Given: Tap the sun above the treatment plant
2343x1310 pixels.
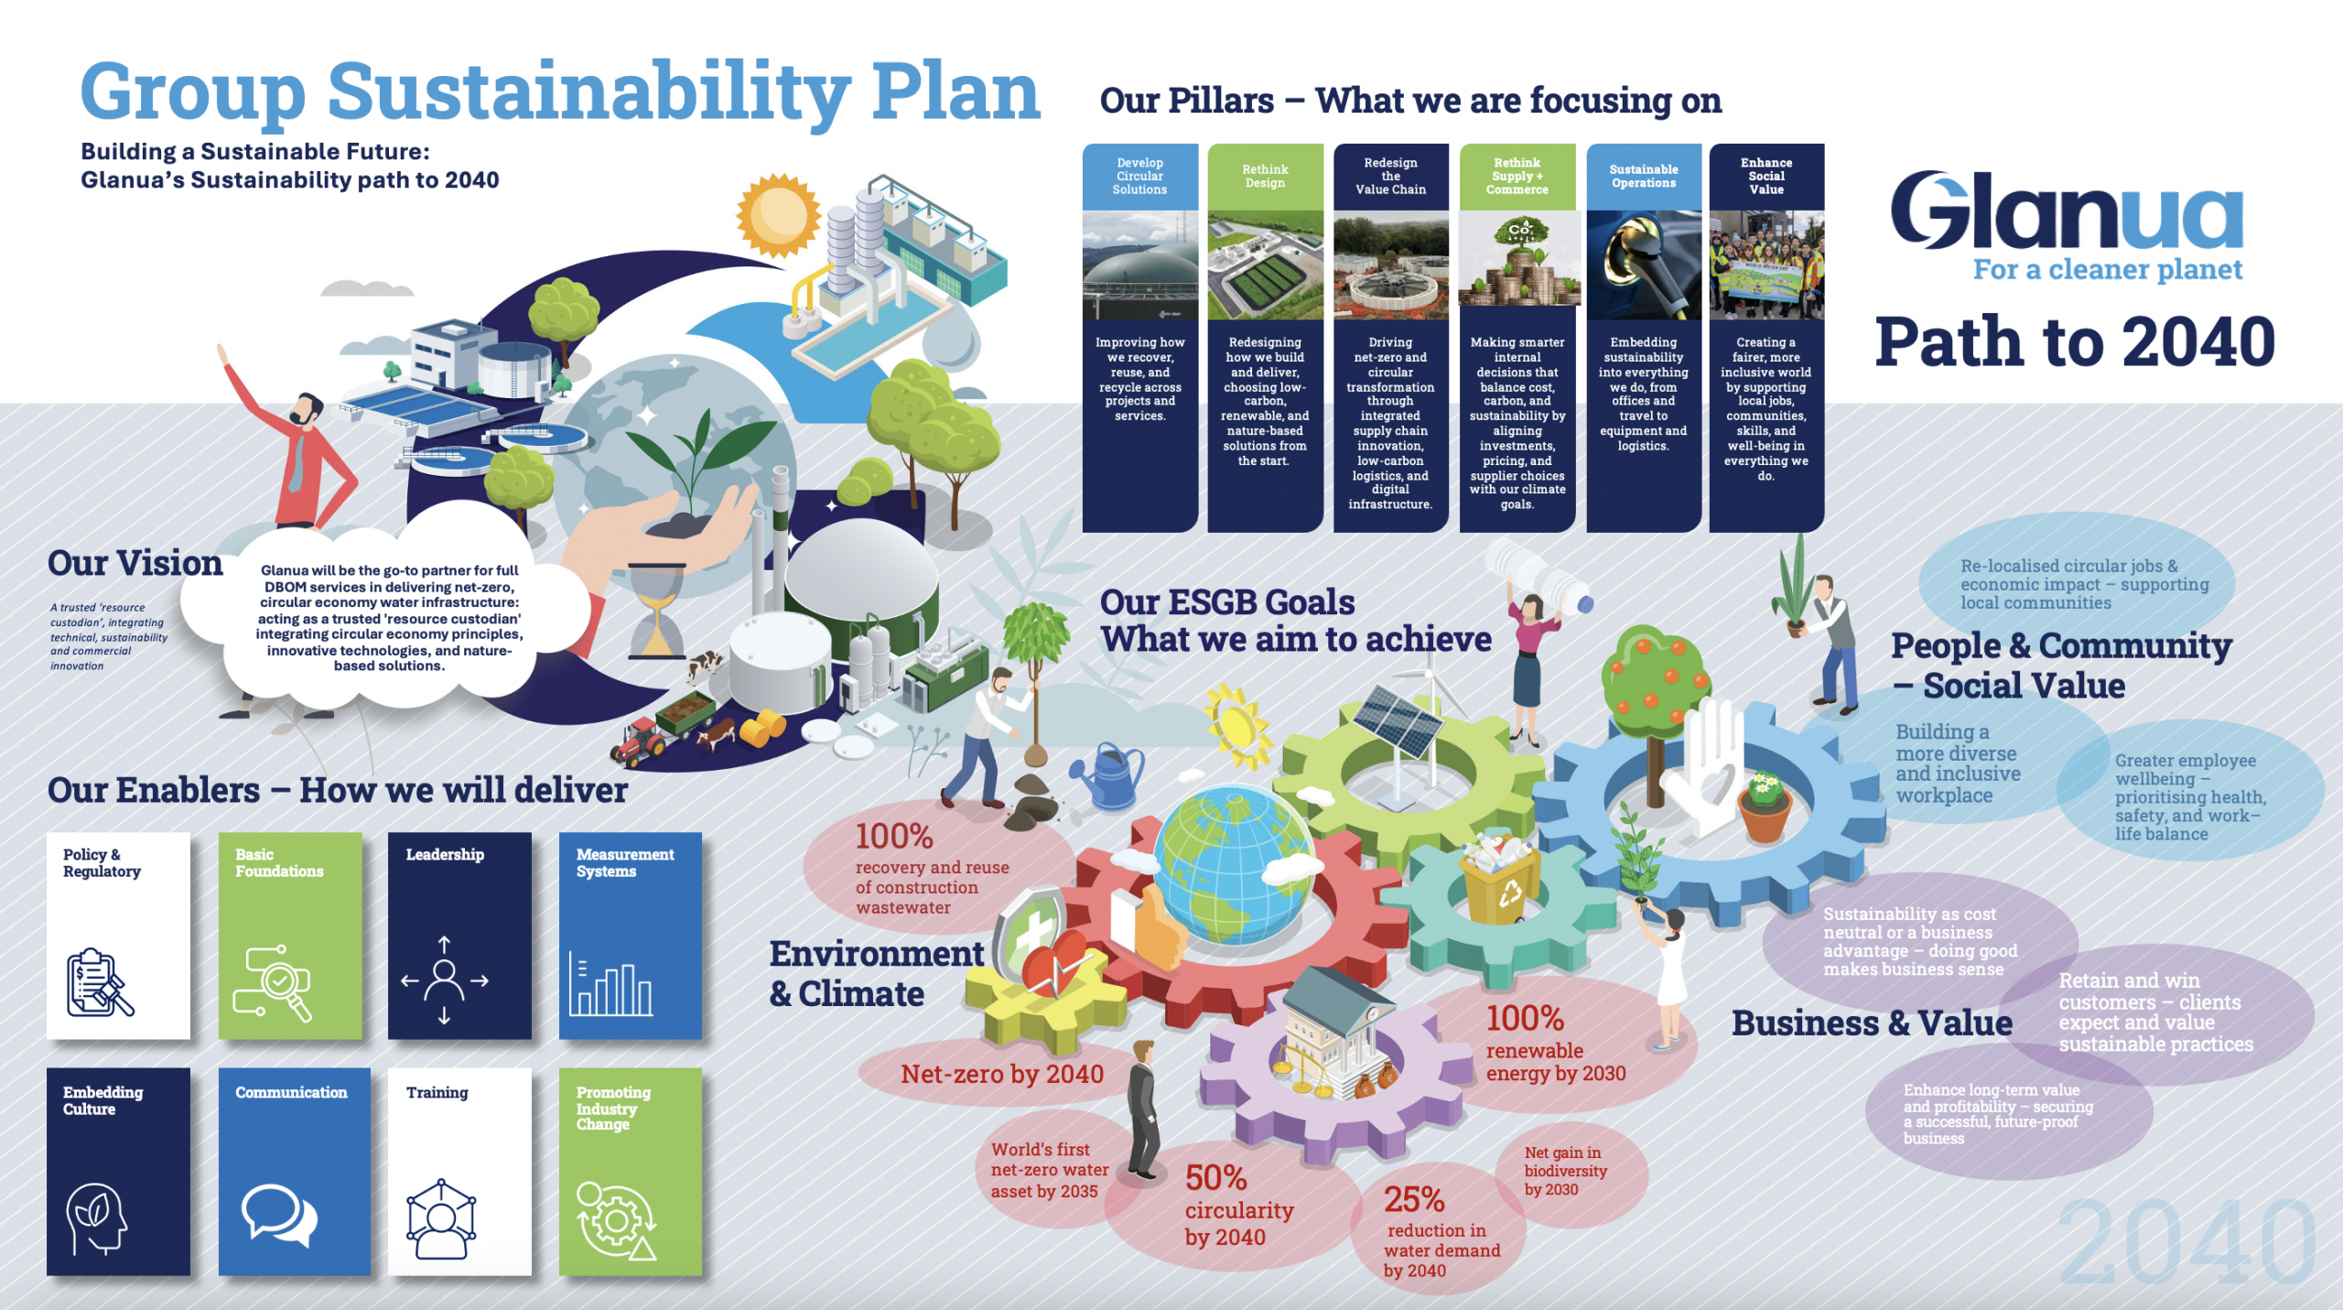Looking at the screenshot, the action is pyautogui.click(x=779, y=216).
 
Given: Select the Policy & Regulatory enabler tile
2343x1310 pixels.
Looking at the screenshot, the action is pyautogui.click(x=118, y=935).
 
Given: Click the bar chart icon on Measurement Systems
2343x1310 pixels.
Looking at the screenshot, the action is pyautogui.click(x=610, y=985).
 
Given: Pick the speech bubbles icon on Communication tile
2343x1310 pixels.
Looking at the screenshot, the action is pyautogui.click(x=278, y=1216).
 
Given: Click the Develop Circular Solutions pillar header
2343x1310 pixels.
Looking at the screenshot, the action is pyautogui.click(x=1139, y=177).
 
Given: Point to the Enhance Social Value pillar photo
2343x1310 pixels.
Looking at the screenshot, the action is pyautogui.click(x=1766, y=265).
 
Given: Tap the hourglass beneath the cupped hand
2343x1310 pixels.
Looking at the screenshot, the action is pyautogui.click(x=656, y=612).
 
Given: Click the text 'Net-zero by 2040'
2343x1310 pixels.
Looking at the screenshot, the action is pyautogui.click(x=1002, y=1075).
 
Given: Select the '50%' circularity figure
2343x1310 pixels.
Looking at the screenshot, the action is pyautogui.click(x=1215, y=1178).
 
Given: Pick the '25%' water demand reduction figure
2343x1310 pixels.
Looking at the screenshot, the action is pyautogui.click(x=1414, y=1200).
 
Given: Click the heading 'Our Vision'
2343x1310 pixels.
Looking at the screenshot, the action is pyautogui.click(x=135, y=564).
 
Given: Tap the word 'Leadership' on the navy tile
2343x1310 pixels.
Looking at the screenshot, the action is pyautogui.click(x=445, y=855).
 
